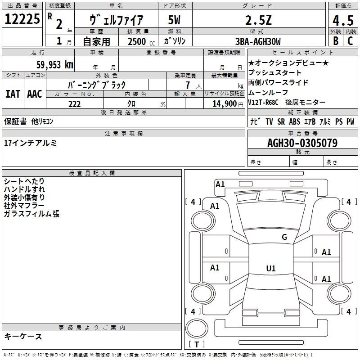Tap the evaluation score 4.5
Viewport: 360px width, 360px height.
point(342,20)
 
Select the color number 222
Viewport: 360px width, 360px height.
point(74,104)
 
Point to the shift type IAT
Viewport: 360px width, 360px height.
point(13,94)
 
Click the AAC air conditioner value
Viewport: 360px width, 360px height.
point(34,94)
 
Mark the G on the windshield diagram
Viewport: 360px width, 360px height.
point(284,237)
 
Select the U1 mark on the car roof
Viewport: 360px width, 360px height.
point(270,269)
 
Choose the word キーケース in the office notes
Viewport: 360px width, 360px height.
point(23,337)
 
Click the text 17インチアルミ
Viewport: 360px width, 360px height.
point(30,143)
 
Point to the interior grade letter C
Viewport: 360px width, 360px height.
point(350,41)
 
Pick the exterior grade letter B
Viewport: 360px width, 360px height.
point(335,41)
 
